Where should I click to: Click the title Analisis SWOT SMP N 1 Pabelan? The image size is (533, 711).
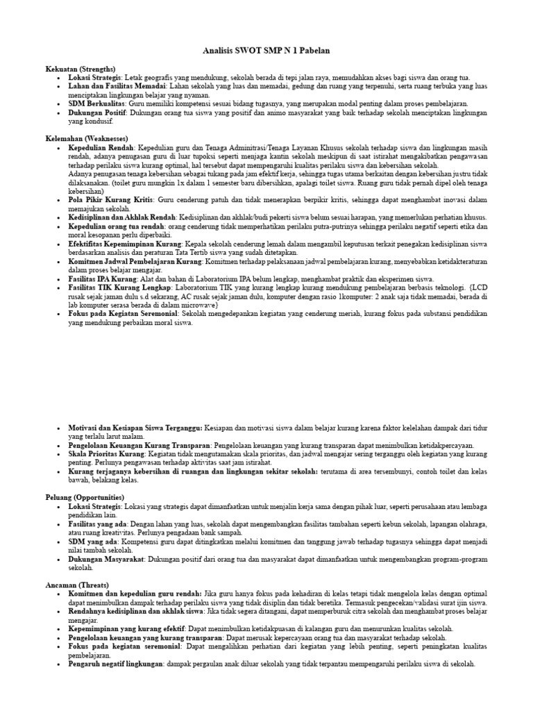(x=266, y=51)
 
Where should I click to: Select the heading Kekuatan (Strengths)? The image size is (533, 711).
(x=77, y=69)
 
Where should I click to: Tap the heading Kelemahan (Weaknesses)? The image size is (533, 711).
(x=87, y=139)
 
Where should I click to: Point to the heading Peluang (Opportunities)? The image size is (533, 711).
(x=85, y=497)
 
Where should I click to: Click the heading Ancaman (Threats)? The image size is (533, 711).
(x=77, y=585)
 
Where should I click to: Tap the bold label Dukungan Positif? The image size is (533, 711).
(x=96, y=112)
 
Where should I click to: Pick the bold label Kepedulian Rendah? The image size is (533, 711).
(x=101, y=148)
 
